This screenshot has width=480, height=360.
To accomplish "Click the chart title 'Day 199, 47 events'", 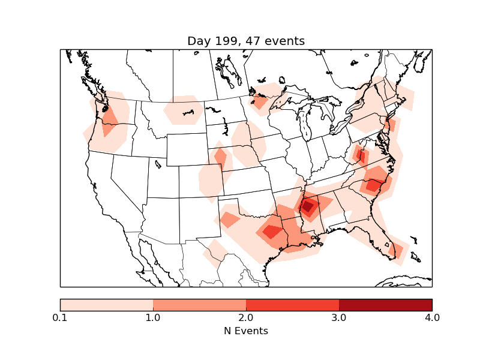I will [x=246, y=41].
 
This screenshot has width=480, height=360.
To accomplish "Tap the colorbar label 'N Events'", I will [x=246, y=331].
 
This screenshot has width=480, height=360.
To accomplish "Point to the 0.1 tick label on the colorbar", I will [x=60, y=317].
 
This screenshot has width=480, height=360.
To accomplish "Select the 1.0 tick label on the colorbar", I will [x=153, y=317].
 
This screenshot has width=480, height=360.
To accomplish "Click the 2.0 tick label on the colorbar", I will [x=246, y=317].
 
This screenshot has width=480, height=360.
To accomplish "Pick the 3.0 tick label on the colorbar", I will [x=339, y=317].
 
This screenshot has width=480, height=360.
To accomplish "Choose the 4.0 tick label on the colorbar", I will [x=432, y=317].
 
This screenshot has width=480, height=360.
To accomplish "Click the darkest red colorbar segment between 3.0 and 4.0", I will [x=385, y=305].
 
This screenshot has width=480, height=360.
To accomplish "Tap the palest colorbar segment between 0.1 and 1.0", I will [x=107, y=305].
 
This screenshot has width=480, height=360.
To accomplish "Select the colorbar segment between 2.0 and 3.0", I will [x=293, y=305].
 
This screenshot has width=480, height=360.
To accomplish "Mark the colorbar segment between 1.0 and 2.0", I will [x=200, y=305].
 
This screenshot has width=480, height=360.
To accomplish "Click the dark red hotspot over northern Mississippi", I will [x=308, y=207].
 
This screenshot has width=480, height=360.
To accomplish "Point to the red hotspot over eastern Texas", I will [x=272, y=232].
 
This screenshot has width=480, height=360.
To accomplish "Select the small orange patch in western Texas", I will [x=230, y=220].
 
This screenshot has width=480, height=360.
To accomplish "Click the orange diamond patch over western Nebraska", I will [x=220, y=159].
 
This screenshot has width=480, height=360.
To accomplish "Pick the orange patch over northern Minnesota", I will [x=260, y=101].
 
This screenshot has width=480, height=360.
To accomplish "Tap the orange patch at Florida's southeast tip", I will [x=397, y=249].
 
